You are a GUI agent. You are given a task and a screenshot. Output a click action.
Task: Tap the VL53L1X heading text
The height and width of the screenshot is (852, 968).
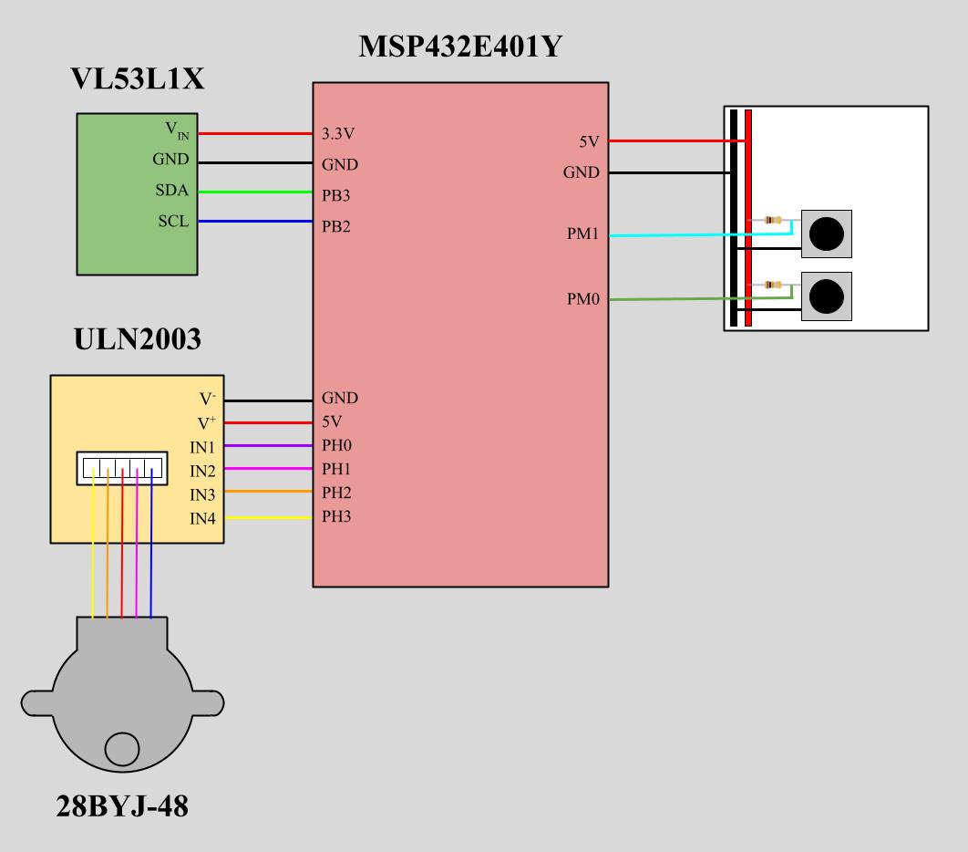tap(138, 80)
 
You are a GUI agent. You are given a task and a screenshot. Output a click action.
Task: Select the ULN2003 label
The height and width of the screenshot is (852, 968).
tap(137, 339)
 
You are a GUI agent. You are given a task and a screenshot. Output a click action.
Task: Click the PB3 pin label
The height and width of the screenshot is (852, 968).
tap(336, 195)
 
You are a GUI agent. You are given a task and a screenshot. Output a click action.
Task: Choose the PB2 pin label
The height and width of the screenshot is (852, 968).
tap(336, 225)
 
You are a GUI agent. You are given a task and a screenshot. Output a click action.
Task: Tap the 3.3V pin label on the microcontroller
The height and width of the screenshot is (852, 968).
tap(338, 134)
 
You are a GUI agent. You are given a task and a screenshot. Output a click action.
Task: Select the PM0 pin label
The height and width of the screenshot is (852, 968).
tap(582, 297)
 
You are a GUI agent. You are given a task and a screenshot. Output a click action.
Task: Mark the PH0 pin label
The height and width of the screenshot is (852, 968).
tap(336, 445)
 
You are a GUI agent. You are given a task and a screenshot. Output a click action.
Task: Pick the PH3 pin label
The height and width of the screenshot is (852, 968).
tap(336, 517)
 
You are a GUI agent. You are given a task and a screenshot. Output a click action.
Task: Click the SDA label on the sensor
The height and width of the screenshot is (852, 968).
tap(172, 190)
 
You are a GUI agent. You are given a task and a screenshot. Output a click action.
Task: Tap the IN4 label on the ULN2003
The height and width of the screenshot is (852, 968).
tap(202, 519)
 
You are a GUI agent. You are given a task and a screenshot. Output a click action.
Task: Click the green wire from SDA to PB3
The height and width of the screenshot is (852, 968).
tap(255, 192)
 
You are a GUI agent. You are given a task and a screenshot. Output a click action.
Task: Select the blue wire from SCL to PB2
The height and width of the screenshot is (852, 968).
tap(255, 222)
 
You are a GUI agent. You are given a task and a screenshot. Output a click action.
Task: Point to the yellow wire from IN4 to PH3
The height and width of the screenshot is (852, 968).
tap(268, 518)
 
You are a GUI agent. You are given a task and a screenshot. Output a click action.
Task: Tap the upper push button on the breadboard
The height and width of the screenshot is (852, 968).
tap(827, 234)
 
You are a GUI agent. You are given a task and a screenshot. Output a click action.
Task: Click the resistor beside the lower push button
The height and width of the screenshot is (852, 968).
tap(772, 285)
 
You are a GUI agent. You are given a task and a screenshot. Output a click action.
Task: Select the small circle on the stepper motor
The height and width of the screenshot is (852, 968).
tap(121, 749)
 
